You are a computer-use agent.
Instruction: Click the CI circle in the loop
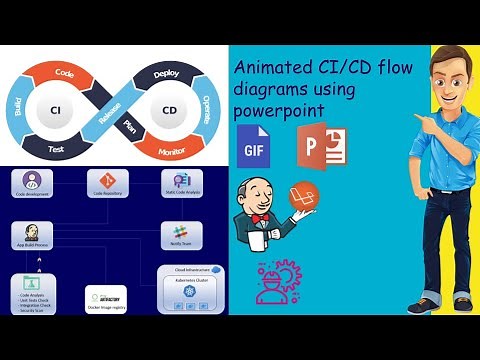pyautogui.click(x=57, y=105)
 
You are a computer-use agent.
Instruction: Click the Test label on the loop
pyautogui.click(x=58, y=147)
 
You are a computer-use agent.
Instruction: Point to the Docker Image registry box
pyautogui.click(x=107, y=299)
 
